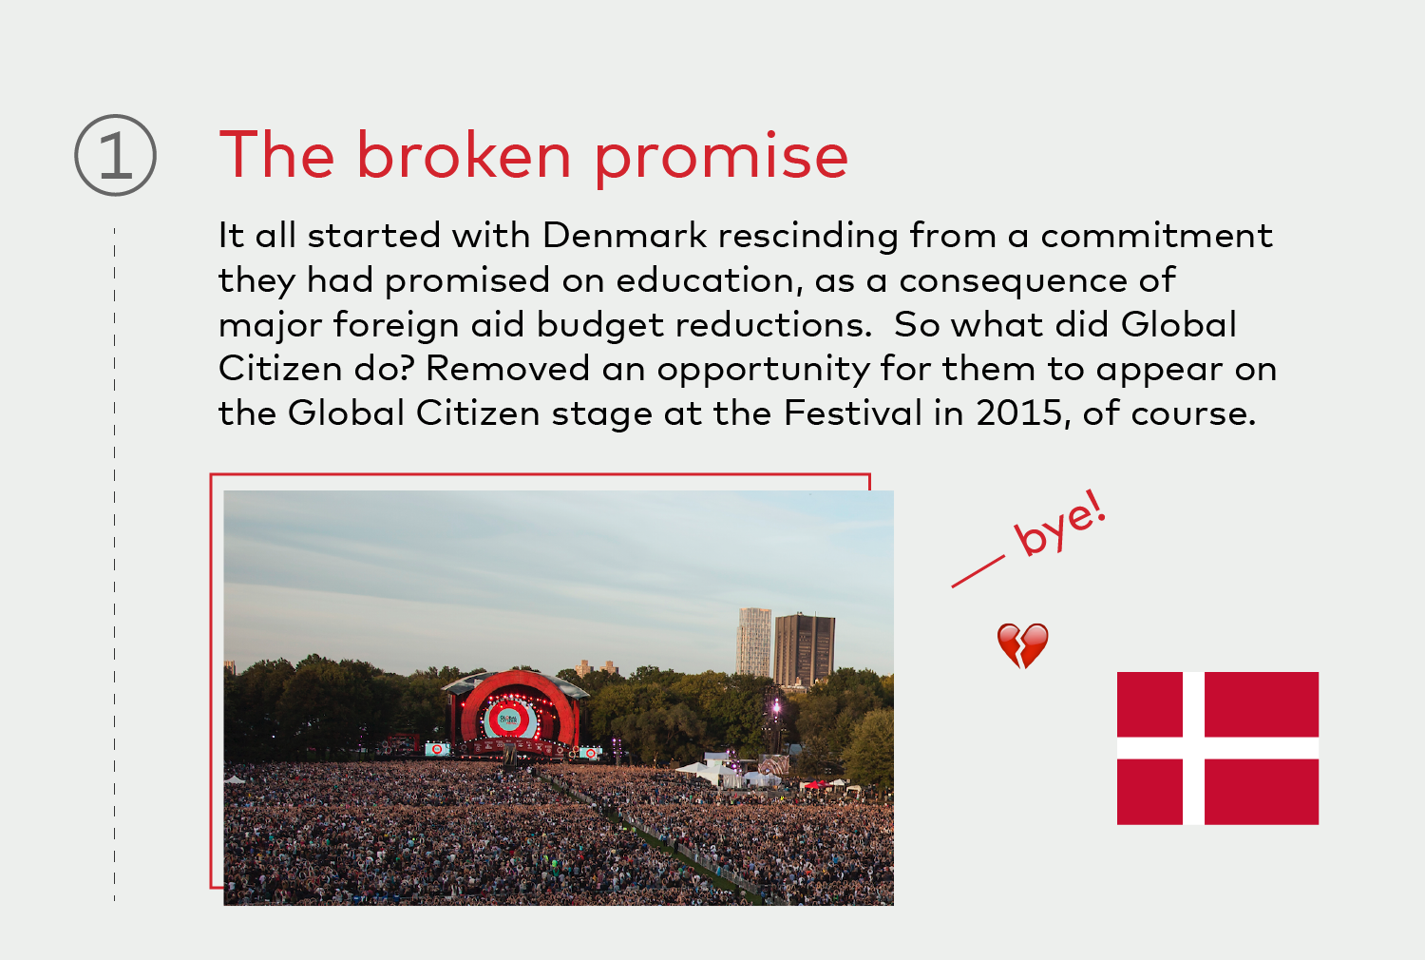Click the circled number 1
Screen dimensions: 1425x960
tap(115, 155)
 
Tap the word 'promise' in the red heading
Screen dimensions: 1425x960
tap(721, 159)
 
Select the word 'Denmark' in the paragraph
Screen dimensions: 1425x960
tap(624, 235)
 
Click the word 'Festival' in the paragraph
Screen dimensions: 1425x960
tap(852, 413)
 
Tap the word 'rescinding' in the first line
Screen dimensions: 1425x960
tap(807, 236)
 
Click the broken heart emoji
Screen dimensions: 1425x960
tap(1022, 645)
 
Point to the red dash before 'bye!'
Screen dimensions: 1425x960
tap(978, 571)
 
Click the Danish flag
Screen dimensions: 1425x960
tap(1218, 748)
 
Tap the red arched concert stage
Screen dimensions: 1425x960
tap(517, 710)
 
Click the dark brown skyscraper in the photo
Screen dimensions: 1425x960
tap(804, 649)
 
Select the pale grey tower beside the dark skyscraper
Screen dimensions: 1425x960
tap(754, 642)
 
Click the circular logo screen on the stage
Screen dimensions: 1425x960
tap(509, 720)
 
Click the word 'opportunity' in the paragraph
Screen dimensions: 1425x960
tap(763, 370)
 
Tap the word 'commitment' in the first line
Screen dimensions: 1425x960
tap(1156, 235)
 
